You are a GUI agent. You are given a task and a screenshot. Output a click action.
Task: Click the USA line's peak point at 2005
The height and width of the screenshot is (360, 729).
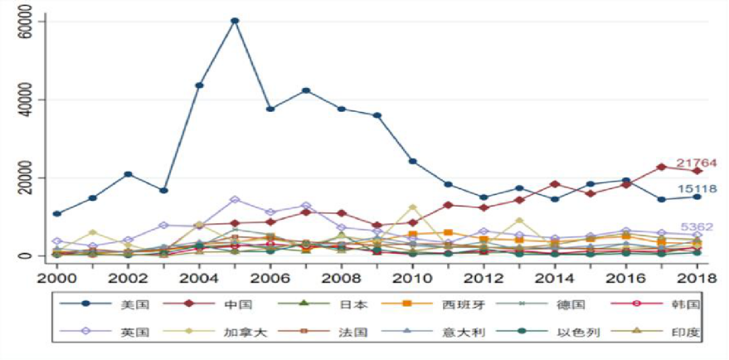pyautogui.click(x=235, y=21)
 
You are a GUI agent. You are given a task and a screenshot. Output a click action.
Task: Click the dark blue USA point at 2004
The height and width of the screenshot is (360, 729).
pyautogui.click(x=199, y=85)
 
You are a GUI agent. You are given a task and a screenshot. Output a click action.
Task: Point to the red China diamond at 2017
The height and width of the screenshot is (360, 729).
pyautogui.click(x=661, y=167)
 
